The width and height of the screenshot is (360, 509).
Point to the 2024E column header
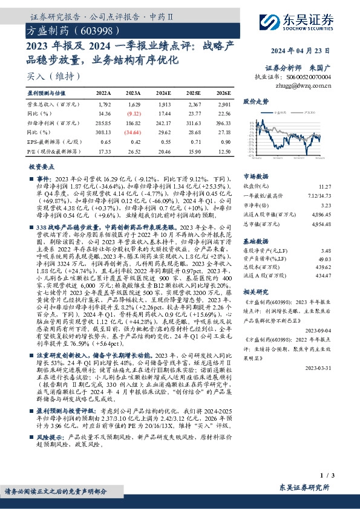[163, 94]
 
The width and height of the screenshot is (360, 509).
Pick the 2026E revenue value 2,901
[223, 104]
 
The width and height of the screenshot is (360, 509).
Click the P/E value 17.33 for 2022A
[104, 149]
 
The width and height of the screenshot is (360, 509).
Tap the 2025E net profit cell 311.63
[193, 122]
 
